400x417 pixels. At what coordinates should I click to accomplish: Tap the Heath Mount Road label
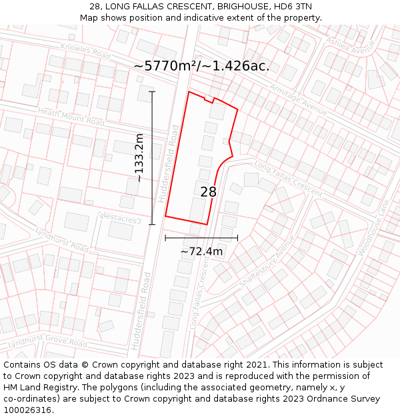(72, 117)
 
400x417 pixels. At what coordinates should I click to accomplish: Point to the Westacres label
(119, 218)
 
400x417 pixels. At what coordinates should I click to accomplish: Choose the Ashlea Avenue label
(351, 45)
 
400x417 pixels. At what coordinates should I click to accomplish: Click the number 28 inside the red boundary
(209, 192)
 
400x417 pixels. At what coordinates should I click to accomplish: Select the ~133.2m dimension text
(139, 157)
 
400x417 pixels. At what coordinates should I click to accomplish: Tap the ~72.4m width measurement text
(201, 252)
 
